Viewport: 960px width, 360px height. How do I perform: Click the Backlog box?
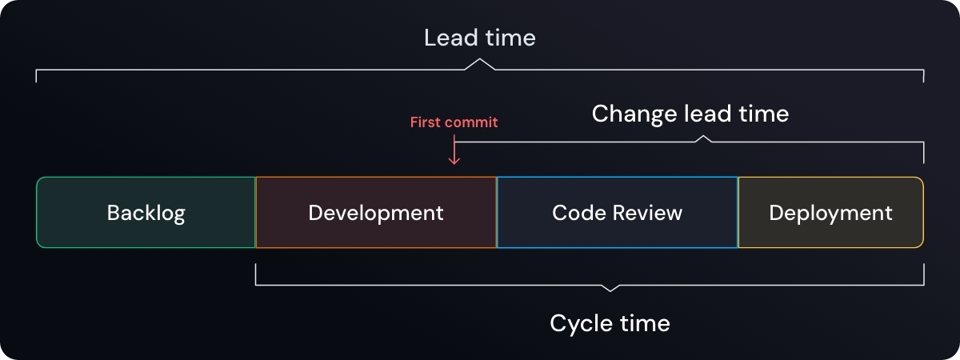coord(146,213)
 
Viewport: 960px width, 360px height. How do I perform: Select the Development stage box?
coord(375,213)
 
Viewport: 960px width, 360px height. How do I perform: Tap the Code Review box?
coord(617,213)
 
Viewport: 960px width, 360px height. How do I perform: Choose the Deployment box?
coord(830,213)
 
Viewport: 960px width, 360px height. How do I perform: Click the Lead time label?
coord(479,38)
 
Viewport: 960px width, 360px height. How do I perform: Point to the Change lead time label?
coord(690,114)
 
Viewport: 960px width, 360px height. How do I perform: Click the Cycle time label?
coord(610,323)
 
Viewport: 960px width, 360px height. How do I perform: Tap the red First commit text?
coord(454,122)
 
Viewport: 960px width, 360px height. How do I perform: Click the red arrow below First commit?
coord(454,152)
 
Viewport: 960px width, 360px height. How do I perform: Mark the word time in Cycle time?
coord(645,323)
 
